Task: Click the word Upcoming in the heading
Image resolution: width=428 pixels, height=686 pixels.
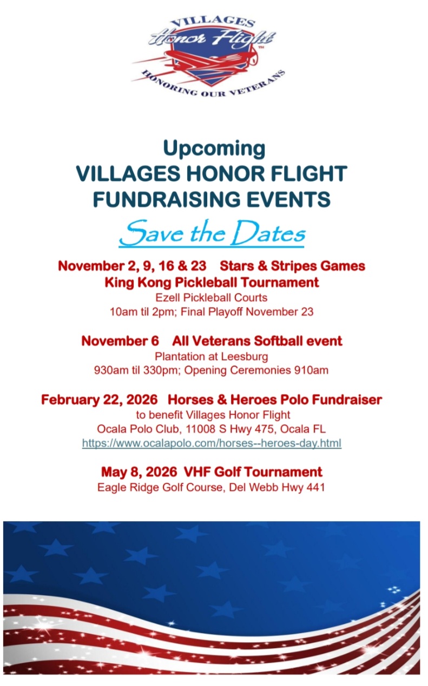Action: [214, 148]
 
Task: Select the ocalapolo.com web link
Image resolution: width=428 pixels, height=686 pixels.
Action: [212, 443]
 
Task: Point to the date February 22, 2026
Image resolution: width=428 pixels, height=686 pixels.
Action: [99, 400]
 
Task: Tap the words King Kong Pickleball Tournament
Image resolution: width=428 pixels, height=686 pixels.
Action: [212, 282]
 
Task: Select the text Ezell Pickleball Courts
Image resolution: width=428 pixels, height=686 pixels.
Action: [212, 297]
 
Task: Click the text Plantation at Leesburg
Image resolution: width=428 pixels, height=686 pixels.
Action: [212, 357]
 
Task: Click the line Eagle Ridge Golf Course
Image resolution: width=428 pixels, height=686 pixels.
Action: [211, 487]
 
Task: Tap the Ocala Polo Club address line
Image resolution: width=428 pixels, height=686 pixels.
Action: [212, 429]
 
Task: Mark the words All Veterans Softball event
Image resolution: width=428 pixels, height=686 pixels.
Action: [257, 341]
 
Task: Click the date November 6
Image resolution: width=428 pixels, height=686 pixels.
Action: [120, 341]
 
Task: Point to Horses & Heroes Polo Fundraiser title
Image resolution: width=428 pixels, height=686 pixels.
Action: [275, 400]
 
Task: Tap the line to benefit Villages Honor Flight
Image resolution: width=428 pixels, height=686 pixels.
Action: [212, 415]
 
